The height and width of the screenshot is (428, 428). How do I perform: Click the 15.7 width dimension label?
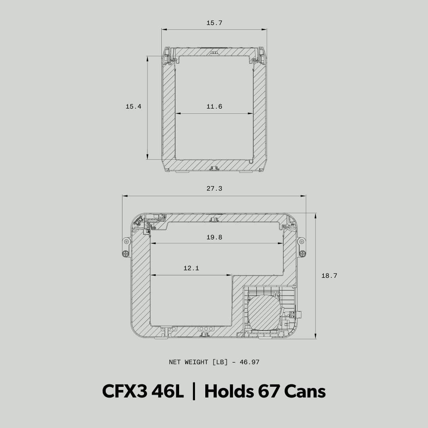pyautogui.click(x=214, y=23)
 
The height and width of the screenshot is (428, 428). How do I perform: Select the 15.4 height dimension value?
pyautogui.click(x=134, y=107)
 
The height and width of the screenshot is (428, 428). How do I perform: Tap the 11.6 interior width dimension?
pyautogui.click(x=214, y=107)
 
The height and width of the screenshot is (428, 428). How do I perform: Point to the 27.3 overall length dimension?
pyautogui.click(x=214, y=189)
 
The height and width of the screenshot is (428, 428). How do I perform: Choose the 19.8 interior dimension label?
pyautogui.click(x=214, y=237)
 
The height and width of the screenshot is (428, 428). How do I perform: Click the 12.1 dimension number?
pyautogui.click(x=191, y=268)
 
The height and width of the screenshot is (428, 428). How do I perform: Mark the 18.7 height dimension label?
pyautogui.click(x=329, y=276)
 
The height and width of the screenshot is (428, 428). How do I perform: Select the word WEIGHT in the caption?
pyautogui.click(x=196, y=362)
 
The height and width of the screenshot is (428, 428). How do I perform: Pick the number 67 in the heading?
pyautogui.click(x=269, y=392)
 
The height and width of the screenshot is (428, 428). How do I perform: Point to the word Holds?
pyautogui.click(x=229, y=392)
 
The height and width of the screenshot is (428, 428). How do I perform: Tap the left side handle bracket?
pyautogui.click(x=126, y=247)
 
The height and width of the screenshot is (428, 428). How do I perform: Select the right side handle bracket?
pyautogui.click(x=302, y=247)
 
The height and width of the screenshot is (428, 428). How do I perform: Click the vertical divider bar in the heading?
pyautogui.click(x=194, y=392)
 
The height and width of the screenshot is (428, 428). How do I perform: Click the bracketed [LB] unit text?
pyautogui.click(x=220, y=362)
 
